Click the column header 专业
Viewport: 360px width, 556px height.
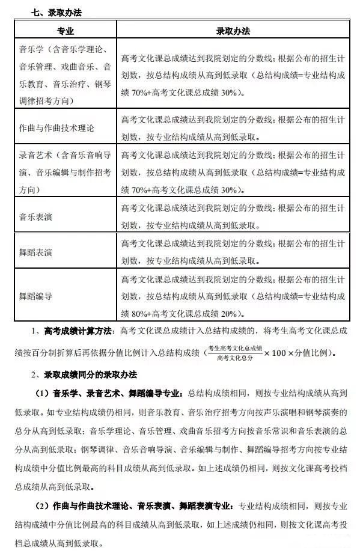66,30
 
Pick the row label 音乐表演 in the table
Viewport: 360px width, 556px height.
35,215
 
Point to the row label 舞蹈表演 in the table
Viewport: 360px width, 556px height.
35,251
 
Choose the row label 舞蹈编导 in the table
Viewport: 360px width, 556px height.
35,296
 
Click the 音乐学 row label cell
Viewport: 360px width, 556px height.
66,75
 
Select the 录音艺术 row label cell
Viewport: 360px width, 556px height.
66,172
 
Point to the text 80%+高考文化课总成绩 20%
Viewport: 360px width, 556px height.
186,313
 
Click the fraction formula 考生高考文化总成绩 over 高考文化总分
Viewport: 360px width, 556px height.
233,353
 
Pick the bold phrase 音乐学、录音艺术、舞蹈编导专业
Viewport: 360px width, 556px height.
115,393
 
